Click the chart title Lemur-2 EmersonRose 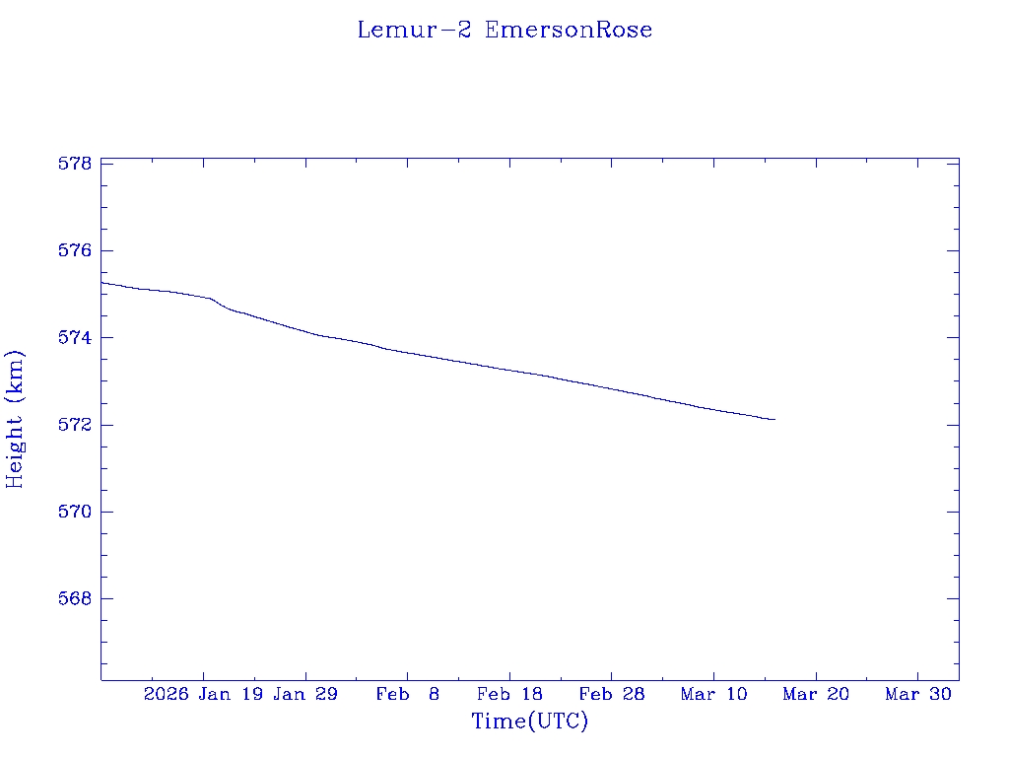[x=504, y=30]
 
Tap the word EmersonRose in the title [x=569, y=30]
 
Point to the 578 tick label [x=75, y=164]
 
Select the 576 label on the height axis [x=75, y=251]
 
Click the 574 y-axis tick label [x=75, y=338]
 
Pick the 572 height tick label [x=75, y=425]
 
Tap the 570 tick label [x=75, y=513]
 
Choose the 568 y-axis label [x=75, y=599]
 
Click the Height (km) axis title [x=15, y=419]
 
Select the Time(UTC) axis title [x=530, y=722]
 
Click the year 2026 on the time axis [x=167, y=695]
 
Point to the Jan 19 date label [x=230, y=695]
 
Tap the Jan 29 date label [x=305, y=695]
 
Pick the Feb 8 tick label [x=408, y=695]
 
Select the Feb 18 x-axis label [x=509, y=695]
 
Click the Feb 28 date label [x=612, y=695]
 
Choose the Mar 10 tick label [x=713, y=695]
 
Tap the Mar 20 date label [x=816, y=695]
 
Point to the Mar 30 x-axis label [x=918, y=695]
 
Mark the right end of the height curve [x=775, y=420]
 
